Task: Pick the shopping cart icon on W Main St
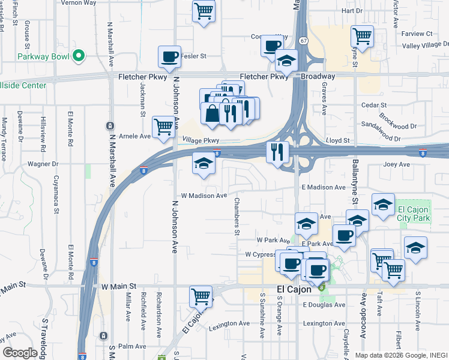coord(200,296)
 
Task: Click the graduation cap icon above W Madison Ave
coord(203,164)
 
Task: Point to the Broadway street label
coord(318,77)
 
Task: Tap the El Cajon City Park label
coord(414,214)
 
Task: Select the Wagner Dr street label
coord(43,163)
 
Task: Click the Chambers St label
coord(237,216)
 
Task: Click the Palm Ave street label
coord(133,346)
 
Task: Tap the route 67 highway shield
coord(304,41)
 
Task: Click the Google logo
coord(20,352)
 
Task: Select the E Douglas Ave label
coord(324,305)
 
